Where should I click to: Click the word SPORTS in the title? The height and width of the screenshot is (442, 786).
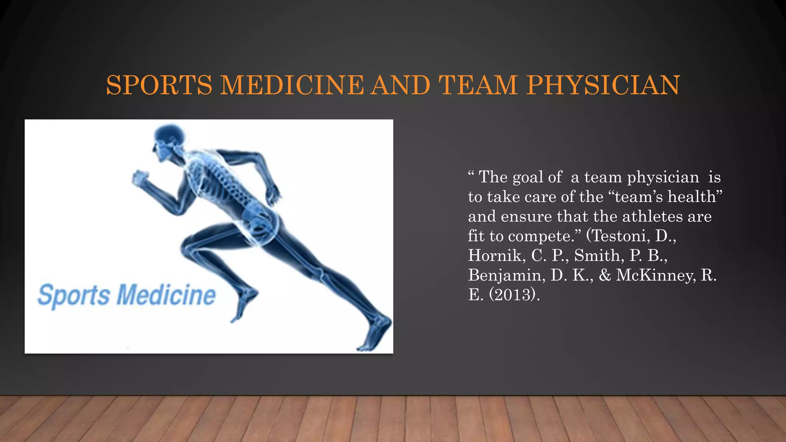point(159,85)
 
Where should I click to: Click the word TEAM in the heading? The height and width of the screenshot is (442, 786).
point(478,85)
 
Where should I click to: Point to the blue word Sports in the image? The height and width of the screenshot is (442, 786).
point(74,295)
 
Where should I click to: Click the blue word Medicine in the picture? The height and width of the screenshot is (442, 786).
point(166,295)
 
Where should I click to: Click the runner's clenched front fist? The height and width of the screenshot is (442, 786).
point(139,178)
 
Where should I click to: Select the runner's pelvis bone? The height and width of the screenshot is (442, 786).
point(259,219)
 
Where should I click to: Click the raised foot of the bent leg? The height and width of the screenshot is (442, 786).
point(244,303)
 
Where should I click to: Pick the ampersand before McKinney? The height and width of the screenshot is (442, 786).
point(605,275)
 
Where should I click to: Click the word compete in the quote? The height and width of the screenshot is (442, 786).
point(542,236)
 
